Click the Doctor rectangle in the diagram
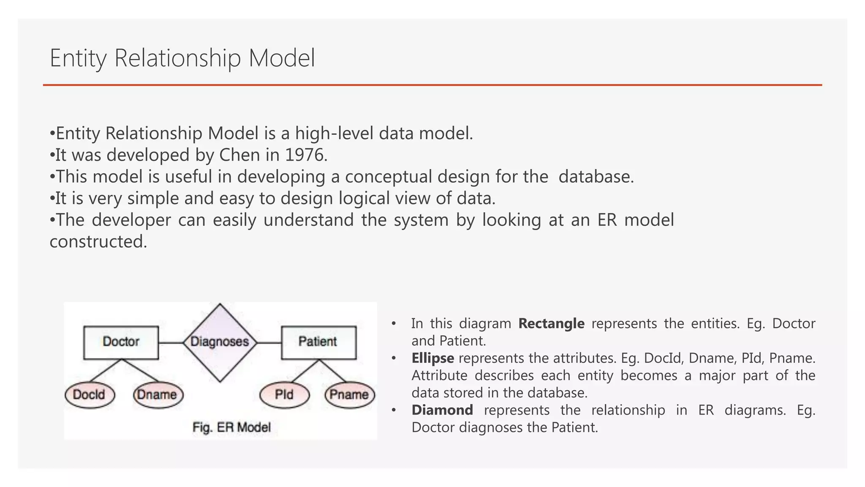pyautogui.click(x=121, y=342)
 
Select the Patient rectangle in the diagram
pyautogui.click(x=318, y=342)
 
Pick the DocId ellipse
pyautogui.click(x=90, y=395)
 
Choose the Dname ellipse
pyautogui.click(x=158, y=395)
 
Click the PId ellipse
pyautogui.click(x=284, y=395)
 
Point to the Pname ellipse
pyautogui.click(x=349, y=395)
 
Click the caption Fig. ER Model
pyautogui.click(x=231, y=427)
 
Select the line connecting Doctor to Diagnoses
pyautogui.click(x=171, y=342)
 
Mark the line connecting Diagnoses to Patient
pyautogui.click(x=269, y=342)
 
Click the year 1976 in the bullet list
pyautogui.click(x=305, y=155)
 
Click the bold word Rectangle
pyautogui.click(x=551, y=323)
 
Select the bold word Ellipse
pyautogui.click(x=432, y=358)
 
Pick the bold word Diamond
pyautogui.click(x=442, y=410)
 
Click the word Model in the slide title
pyautogui.click(x=282, y=58)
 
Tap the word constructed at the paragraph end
pyautogui.click(x=98, y=242)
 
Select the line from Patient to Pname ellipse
pyautogui.click(x=333, y=371)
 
